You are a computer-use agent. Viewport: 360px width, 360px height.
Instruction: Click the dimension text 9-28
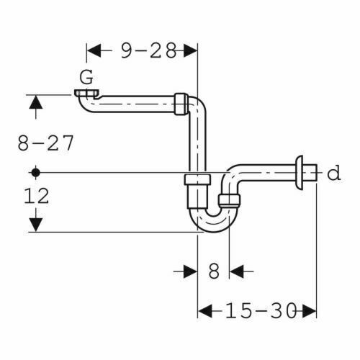[x=149, y=51]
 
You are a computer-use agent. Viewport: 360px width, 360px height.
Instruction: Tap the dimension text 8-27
[x=45, y=143]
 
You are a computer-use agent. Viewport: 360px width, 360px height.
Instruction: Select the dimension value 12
[x=37, y=196]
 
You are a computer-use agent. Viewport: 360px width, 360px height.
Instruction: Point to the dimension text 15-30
[x=261, y=311]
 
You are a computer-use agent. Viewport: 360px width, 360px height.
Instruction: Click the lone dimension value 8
[x=214, y=271]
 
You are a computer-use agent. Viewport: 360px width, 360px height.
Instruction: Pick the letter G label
[x=86, y=77]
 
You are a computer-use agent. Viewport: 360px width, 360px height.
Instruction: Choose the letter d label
[x=334, y=173]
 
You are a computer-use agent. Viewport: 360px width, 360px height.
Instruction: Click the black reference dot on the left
[x=36, y=172]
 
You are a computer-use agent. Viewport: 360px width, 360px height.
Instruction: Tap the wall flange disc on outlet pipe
[x=300, y=173]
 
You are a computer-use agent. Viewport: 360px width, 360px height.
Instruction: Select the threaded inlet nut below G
[x=87, y=93]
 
